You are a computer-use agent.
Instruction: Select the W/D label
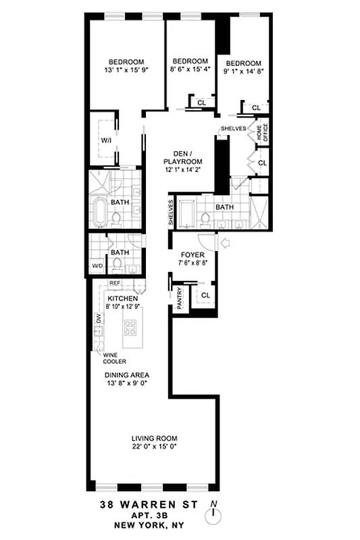[x=98, y=266]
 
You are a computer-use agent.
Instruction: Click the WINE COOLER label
[x=114, y=357]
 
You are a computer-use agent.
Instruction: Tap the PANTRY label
[x=180, y=298]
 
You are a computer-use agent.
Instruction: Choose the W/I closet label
[x=107, y=140]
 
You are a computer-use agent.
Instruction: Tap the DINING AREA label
[x=126, y=375]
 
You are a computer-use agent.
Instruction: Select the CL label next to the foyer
[x=205, y=295]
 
